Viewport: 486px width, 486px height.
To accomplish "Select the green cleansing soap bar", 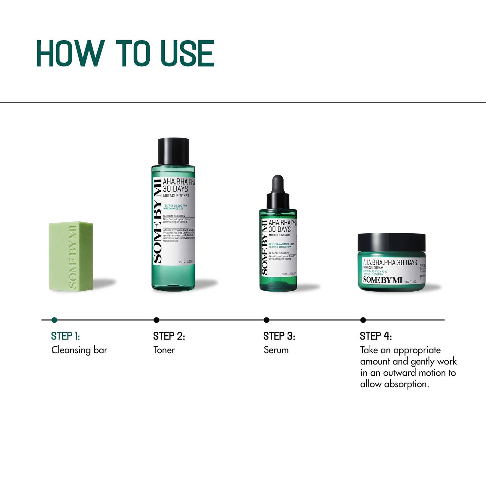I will click(71, 256).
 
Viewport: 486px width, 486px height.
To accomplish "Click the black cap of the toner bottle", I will click(174, 152).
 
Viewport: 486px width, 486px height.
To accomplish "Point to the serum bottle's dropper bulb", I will click(278, 183).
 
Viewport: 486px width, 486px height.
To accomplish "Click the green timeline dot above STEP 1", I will click(54, 320).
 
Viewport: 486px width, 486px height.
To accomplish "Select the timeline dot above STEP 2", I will click(156, 320).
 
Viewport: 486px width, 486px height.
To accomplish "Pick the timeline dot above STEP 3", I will click(266, 320).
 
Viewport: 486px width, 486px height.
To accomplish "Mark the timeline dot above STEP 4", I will click(363, 320).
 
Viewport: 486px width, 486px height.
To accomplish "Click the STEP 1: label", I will click(65, 336).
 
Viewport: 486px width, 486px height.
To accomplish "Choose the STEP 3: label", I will click(279, 336).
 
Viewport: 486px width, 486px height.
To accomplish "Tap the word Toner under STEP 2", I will click(164, 350).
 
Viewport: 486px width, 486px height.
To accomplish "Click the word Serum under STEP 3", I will click(276, 350).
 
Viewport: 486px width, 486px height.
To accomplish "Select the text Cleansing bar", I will click(79, 350).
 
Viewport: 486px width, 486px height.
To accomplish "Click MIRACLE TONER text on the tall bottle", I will click(176, 196).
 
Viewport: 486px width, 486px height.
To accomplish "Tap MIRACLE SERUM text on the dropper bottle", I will click(279, 235).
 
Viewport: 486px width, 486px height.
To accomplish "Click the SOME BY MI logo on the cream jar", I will click(382, 280).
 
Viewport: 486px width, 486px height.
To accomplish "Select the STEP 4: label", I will click(376, 336).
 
